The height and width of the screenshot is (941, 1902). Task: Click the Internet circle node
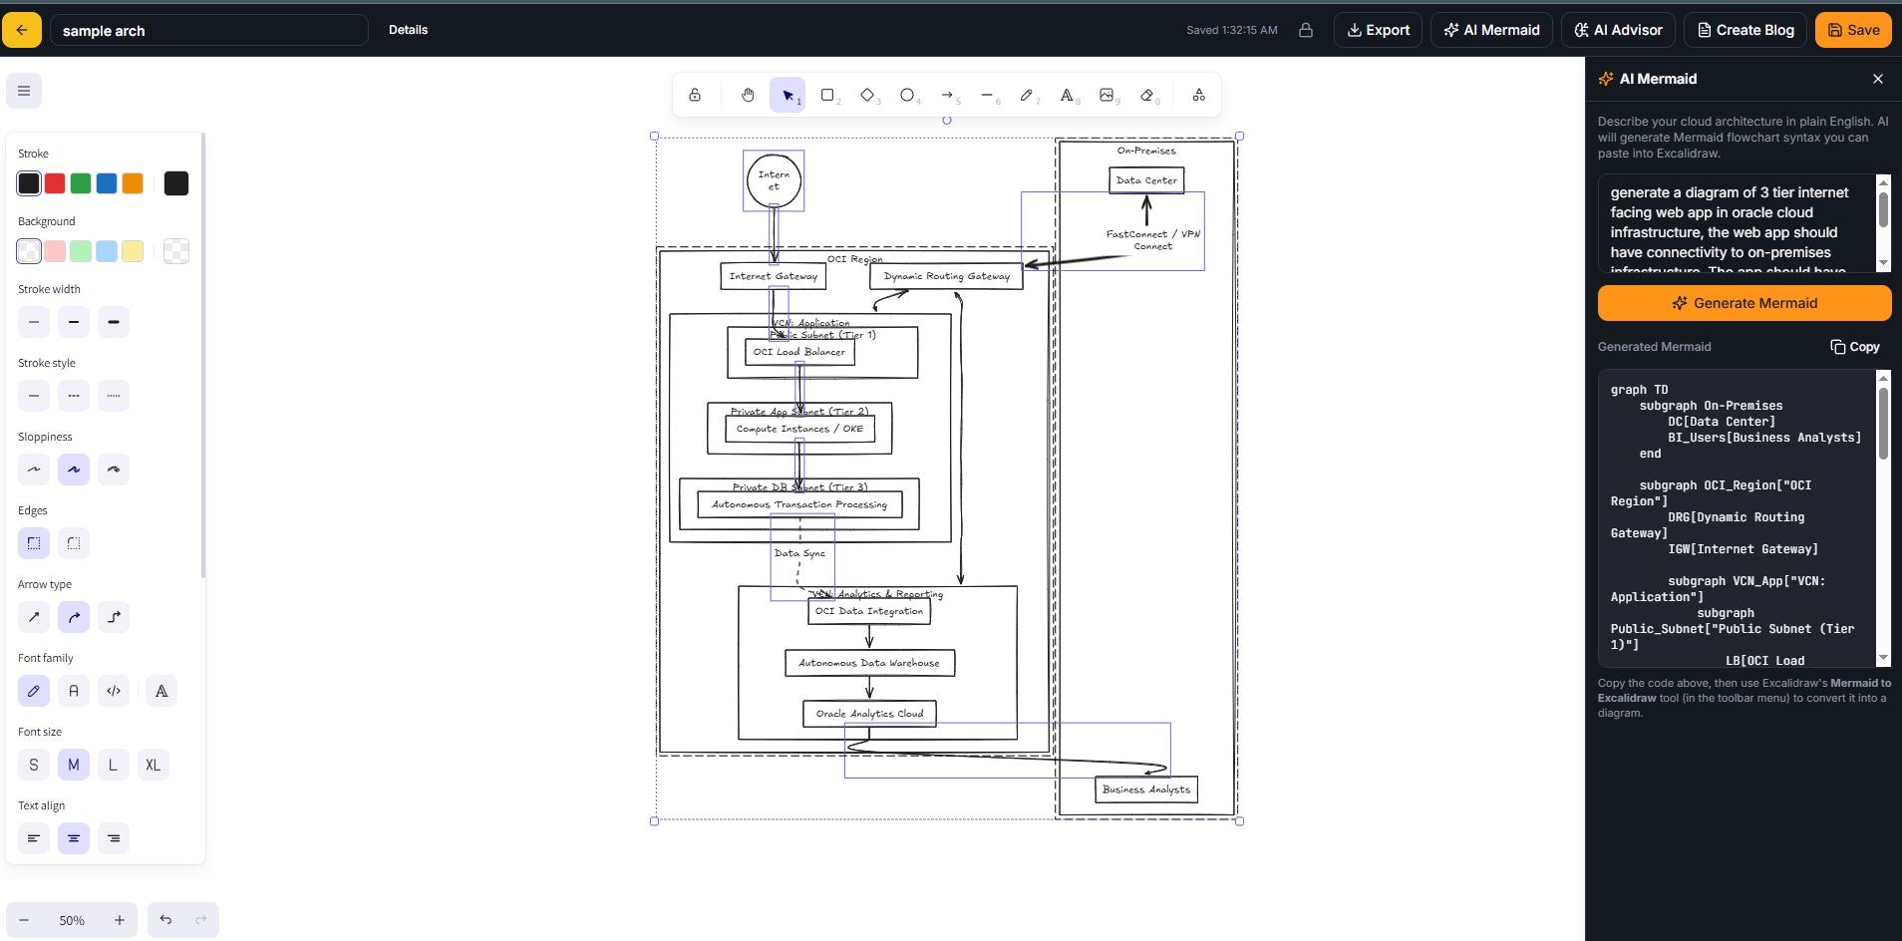[x=774, y=181]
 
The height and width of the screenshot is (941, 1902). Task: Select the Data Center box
[x=1146, y=180]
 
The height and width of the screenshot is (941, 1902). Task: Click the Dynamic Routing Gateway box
[x=946, y=276]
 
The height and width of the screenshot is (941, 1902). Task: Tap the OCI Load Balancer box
[x=799, y=352]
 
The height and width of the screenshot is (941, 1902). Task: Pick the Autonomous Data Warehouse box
[x=869, y=663]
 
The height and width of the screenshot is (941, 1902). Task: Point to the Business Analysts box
[x=1146, y=789]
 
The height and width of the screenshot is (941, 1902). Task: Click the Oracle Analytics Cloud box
[x=869, y=714]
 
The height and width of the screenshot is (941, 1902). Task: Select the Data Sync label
[x=799, y=553]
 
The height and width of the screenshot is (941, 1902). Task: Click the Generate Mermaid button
[x=1743, y=303]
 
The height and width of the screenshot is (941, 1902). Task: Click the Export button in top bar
[x=1378, y=30]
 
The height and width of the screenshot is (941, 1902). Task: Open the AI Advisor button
[x=1618, y=30]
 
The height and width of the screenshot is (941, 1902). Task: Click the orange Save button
[x=1853, y=30]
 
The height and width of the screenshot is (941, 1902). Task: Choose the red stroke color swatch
[x=55, y=183]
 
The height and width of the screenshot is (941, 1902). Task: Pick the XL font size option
[x=153, y=765]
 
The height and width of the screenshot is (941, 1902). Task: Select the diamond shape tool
[x=867, y=95]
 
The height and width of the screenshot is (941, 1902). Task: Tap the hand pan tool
[x=748, y=95]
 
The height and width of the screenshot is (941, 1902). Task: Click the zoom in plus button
[x=119, y=920]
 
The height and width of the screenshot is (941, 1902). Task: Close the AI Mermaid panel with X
[x=1878, y=79]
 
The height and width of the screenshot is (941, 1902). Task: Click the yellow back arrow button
[x=22, y=30]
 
